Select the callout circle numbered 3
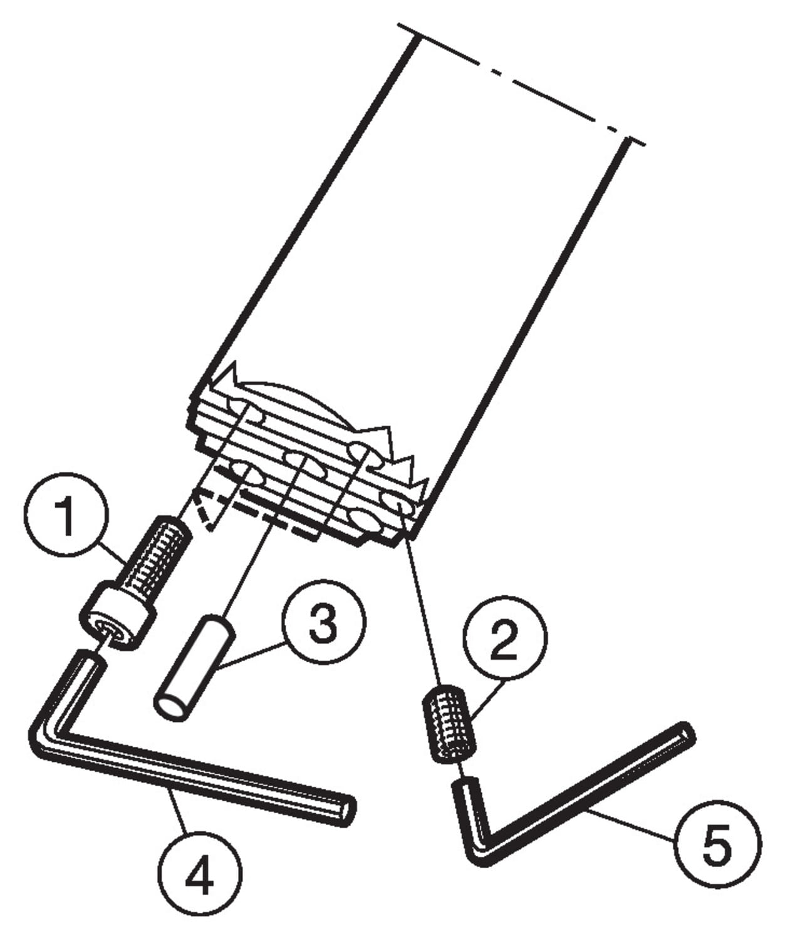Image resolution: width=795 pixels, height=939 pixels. [323, 622]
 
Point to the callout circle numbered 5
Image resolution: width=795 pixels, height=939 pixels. [718, 844]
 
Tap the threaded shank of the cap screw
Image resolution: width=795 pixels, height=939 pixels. [154, 557]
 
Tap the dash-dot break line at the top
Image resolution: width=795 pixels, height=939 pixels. [521, 84]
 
